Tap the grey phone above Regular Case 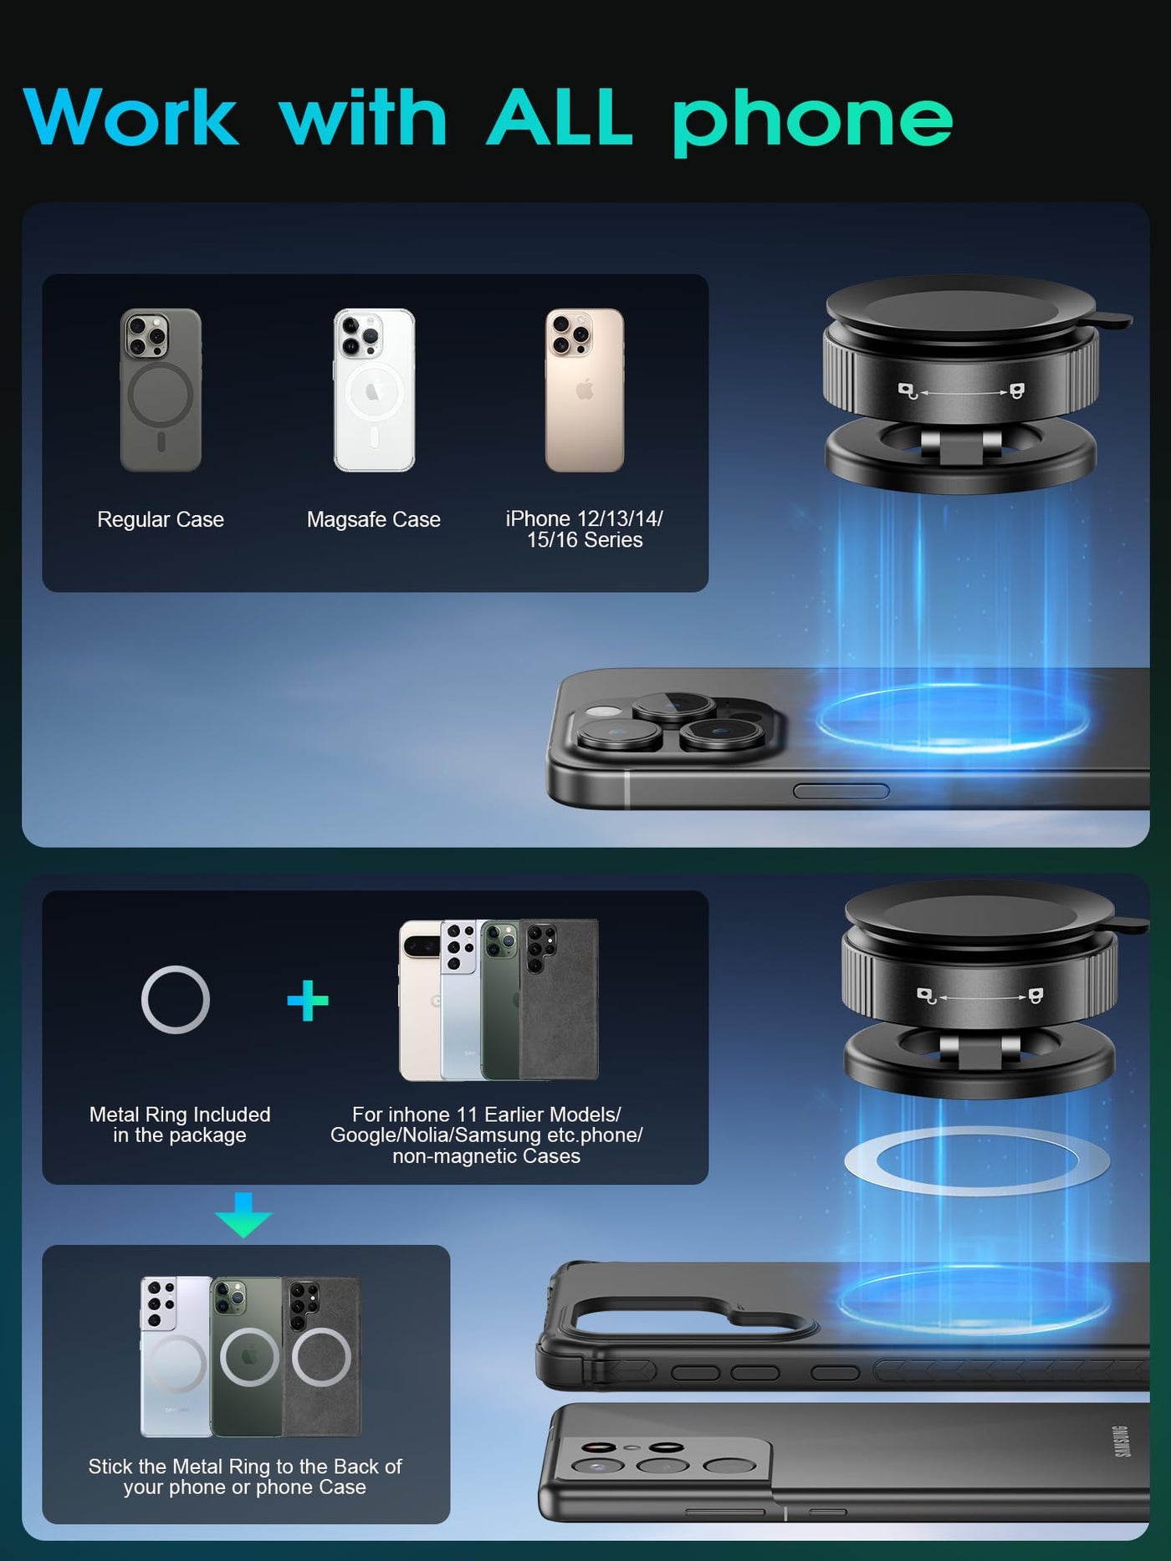click(161, 390)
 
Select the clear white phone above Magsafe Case click(374, 390)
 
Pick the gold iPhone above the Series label click(585, 390)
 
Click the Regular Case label click(161, 519)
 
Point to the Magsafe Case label click(373, 519)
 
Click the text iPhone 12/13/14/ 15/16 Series click(585, 529)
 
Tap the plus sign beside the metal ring click(308, 1001)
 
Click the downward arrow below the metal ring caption click(243, 1215)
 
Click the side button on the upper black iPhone click(841, 791)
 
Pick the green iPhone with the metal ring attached click(248, 1356)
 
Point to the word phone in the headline click(812, 122)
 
